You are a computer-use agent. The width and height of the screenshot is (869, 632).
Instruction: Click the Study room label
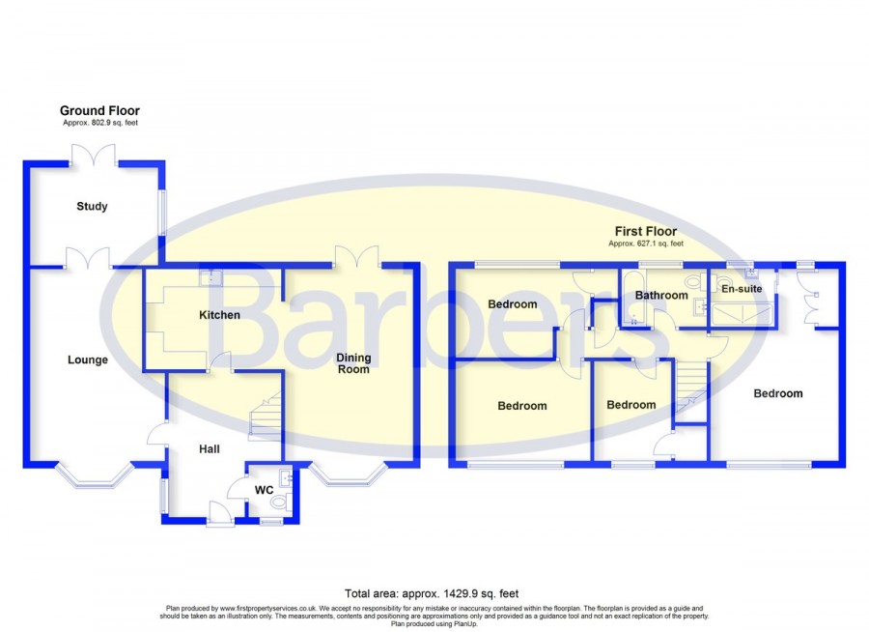coord(92,207)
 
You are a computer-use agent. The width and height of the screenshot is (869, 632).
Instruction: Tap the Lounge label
coord(88,359)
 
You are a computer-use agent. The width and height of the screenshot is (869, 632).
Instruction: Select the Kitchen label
coord(219,315)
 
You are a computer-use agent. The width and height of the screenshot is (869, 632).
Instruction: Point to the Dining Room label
coord(353,363)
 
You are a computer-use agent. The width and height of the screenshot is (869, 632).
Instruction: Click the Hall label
coord(210,449)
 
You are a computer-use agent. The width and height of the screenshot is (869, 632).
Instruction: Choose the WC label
coord(264,490)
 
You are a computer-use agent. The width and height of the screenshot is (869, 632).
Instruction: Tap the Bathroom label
coord(661,295)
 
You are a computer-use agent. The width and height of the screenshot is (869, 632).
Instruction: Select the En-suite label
coord(742,289)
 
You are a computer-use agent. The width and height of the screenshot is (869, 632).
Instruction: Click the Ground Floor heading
coord(99,110)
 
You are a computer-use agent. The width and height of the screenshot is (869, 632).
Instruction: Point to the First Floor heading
coord(646,231)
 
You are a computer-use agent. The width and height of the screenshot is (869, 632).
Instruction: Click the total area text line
coord(432,593)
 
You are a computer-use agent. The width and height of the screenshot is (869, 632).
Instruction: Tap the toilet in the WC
coord(280,503)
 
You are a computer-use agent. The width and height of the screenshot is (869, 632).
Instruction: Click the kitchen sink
coord(210,278)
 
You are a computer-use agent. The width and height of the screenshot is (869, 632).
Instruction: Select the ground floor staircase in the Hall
coord(266,417)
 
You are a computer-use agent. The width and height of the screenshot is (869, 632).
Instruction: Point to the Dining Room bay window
coord(348,474)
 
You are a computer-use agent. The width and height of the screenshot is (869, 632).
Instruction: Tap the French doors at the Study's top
coord(94,156)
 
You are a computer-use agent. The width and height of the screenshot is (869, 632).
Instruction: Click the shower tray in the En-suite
coord(742,315)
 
